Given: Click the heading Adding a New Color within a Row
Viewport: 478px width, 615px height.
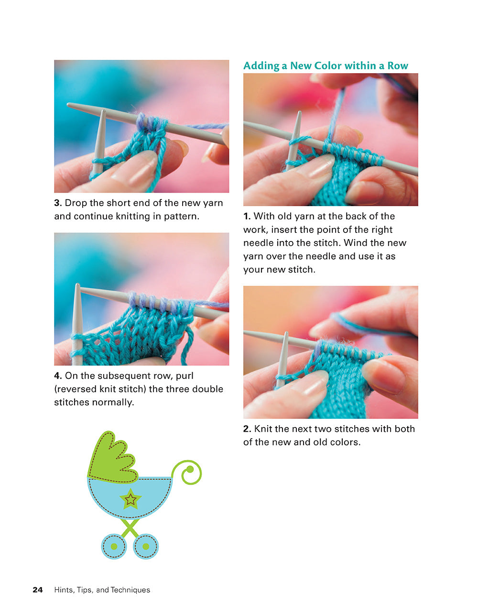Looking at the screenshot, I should pyautogui.click(x=326, y=66).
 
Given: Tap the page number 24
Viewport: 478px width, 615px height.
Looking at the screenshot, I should pyautogui.click(x=38, y=590).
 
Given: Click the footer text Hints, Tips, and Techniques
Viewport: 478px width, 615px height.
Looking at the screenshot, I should pyautogui.click(x=102, y=590).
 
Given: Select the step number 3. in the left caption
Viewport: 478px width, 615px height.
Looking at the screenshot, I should pyautogui.click(x=58, y=203).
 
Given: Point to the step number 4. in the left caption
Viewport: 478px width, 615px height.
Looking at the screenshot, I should pyautogui.click(x=58, y=376).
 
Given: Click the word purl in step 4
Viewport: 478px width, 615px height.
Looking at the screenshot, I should pyautogui.click(x=184, y=376).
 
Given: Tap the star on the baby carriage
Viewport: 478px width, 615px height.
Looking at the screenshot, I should pyautogui.click(x=130, y=499).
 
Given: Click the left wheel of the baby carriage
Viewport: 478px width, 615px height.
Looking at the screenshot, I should pyautogui.click(x=114, y=546).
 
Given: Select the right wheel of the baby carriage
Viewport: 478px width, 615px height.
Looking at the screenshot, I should pyautogui.click(x=145, y=546).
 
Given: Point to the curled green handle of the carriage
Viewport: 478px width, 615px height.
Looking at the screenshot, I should pyautogui.click(x=188, y=472).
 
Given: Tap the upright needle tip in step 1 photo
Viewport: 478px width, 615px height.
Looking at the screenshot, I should pyautogui.click(x=296, y=127).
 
